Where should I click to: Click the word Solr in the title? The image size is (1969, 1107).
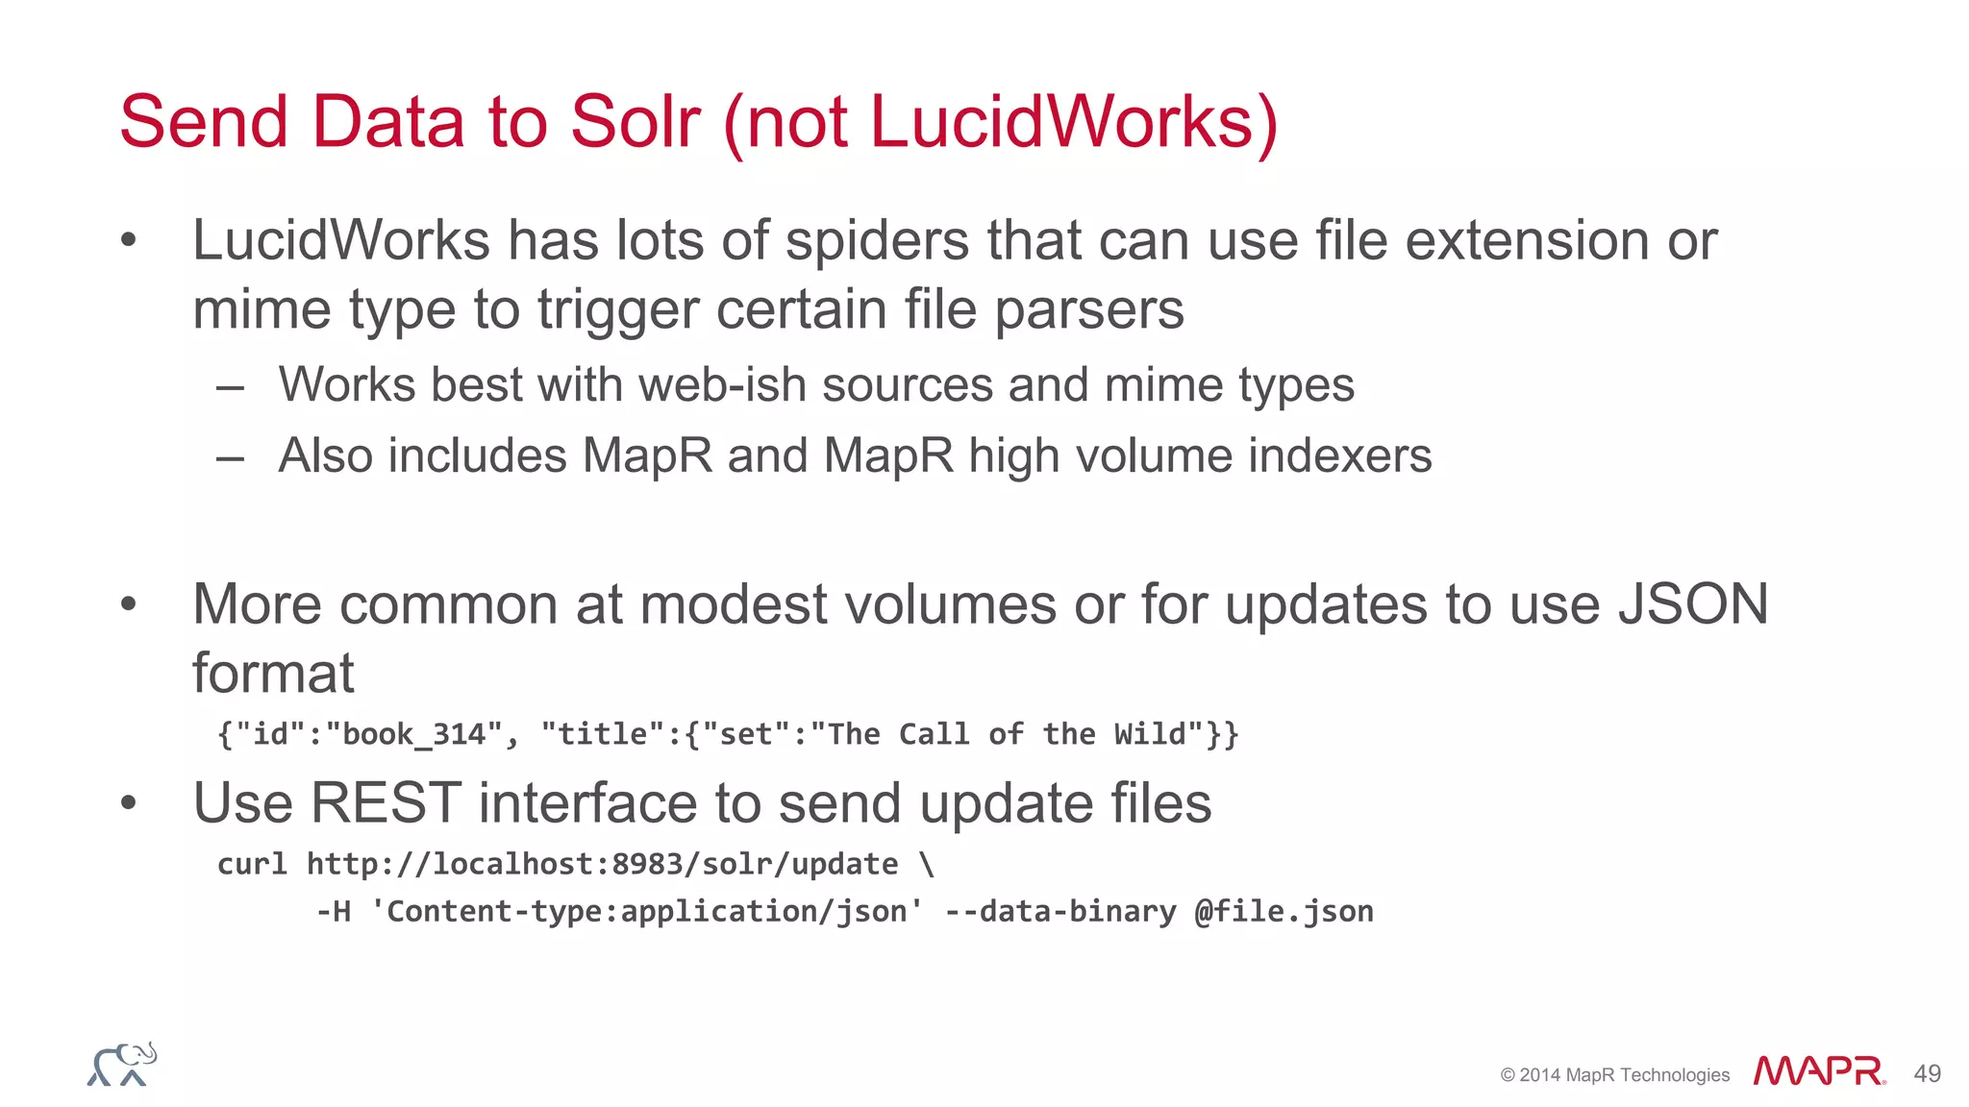coord(635,122)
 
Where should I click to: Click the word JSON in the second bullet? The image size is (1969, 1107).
coord(1693,604)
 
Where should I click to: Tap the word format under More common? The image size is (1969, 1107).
coord(273,673)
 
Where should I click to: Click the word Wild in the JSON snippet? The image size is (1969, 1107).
coord(1159,735)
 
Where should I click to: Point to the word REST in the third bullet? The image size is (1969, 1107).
coord(386,803)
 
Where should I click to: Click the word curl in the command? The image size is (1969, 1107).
coord(252,864)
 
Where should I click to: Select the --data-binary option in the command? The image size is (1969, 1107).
coord(1059,911)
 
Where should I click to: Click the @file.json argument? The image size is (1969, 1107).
coord(1284,911)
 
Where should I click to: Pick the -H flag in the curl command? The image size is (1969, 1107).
coord(334,911)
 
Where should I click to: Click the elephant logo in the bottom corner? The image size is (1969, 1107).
coord(122,1065)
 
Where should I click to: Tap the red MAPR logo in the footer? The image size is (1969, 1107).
coord(1818,1071)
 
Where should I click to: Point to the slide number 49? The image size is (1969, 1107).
coord(1927,1073)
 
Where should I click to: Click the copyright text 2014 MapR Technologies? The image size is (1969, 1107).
coord(1623,1075)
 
